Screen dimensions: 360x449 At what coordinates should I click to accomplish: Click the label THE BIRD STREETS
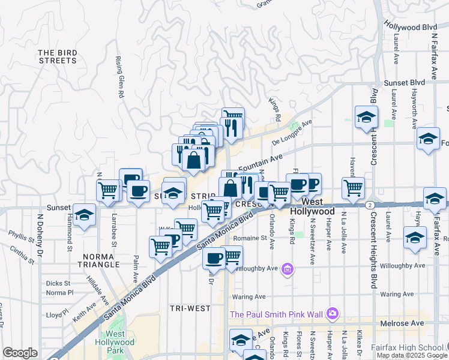click(x=58, y=56)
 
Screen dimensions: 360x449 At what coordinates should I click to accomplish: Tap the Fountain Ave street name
click(x=260, y=163)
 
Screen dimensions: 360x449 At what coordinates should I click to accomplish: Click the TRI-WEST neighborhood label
click(x=190, y=308)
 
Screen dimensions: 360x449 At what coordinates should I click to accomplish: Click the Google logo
click(x=20, y=353)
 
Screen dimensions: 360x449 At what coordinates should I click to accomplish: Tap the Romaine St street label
click(x=250, y=238)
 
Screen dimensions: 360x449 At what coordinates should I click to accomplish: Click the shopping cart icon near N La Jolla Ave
click(x=353, y=188)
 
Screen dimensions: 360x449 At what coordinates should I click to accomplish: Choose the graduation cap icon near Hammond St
click(x=85, y=217)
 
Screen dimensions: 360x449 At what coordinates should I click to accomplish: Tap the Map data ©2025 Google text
click(x=411, y=355)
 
